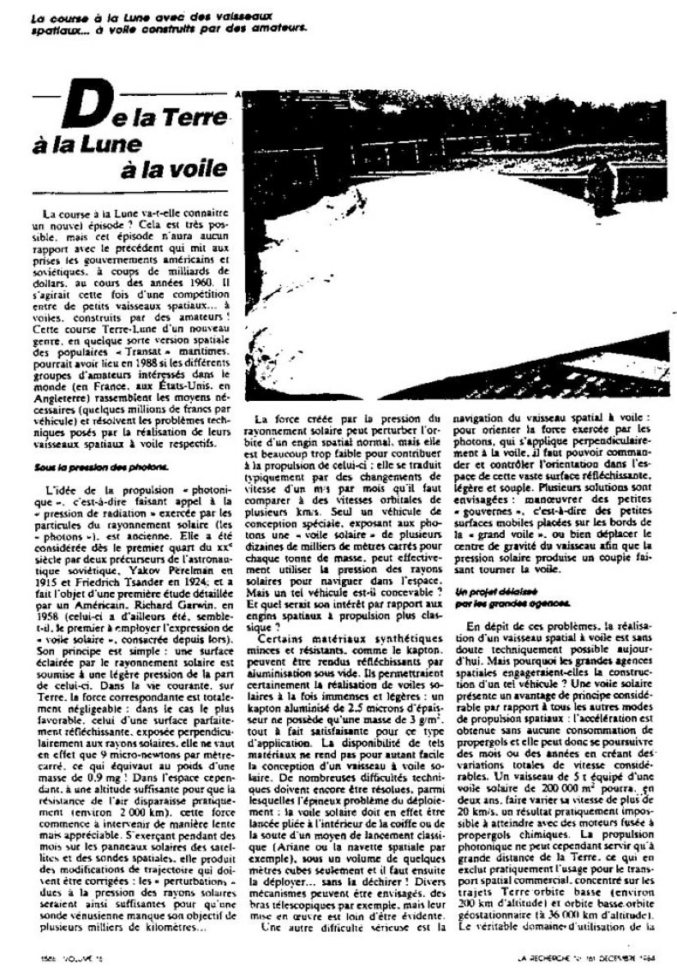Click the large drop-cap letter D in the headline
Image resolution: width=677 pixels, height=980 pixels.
(x=93, y=113)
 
